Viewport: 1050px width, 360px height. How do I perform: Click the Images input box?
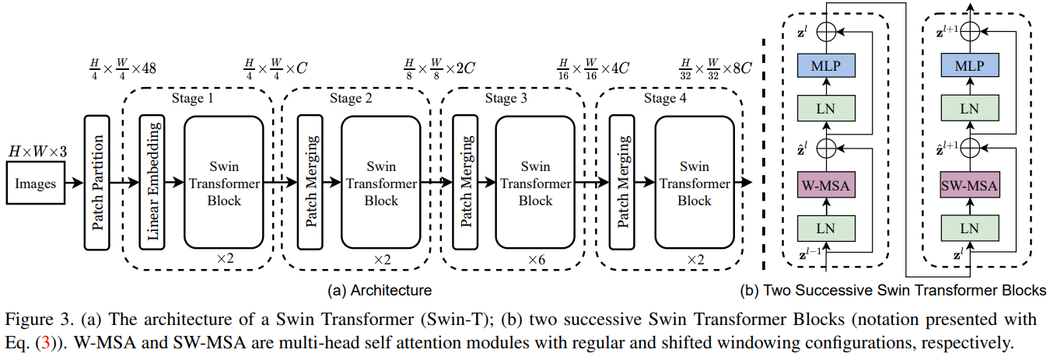[x=35, y=183]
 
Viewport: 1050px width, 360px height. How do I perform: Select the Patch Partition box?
[x=96, y=183]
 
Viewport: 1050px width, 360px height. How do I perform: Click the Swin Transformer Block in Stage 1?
[x=224, y=183]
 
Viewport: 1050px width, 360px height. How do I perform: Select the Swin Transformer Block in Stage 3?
[x=535, y=183]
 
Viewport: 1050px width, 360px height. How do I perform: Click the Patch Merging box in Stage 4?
[x=621, y=183]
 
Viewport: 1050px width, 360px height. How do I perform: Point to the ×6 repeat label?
[x=535, y=258]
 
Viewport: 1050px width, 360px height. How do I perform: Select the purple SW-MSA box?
[x=968, y=187]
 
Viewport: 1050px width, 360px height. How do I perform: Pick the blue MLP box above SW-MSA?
[x=968, y=66]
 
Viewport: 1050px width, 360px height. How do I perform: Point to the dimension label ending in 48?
[x=123, y=68]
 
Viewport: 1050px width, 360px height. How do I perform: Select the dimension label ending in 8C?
[x=716, y=68]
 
